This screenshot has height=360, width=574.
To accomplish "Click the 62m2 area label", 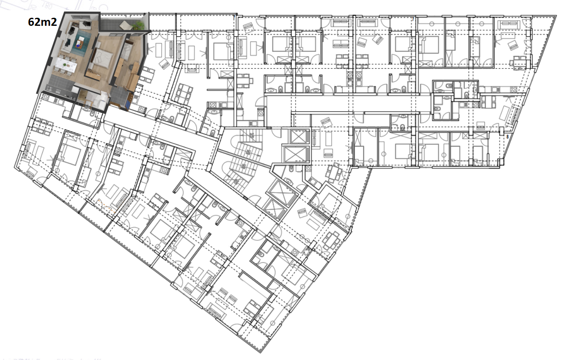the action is coord(42,22).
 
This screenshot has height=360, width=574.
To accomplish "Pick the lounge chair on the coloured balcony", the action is coord(126,25).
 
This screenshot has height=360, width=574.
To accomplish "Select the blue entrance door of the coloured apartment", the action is coord(128,104).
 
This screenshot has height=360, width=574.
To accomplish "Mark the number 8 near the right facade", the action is coord(507,137).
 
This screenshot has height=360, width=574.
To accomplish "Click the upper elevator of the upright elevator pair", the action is coord(299,136).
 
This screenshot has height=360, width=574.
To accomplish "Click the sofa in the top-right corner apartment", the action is coord(509,25).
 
